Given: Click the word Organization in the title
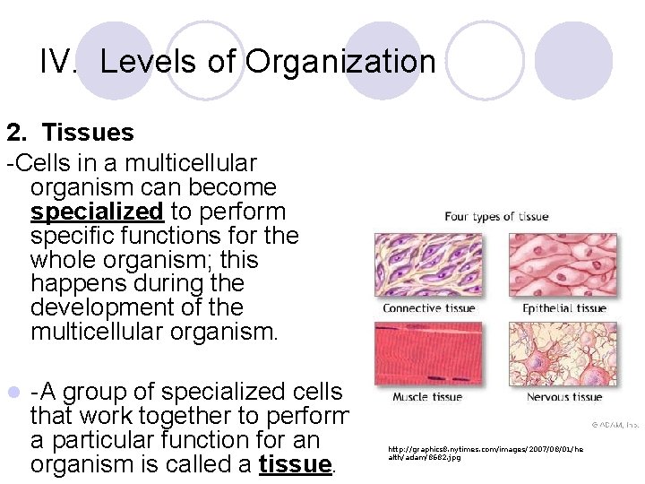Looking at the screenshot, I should coord(340,62).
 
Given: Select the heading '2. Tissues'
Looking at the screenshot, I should coord(70,133).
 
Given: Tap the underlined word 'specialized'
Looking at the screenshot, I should coord(97,212).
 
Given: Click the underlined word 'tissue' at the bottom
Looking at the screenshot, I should coord(294,464).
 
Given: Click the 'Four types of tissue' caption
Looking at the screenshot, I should coord(496,216).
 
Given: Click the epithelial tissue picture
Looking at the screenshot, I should coord(563,265).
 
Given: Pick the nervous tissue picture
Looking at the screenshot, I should coord(563,353).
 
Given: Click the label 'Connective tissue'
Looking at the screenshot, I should coord(427,308).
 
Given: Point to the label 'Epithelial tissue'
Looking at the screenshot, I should coord(564,308).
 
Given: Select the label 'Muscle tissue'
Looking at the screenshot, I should coord(427,397).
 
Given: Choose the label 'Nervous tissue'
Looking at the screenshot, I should coord(564,397).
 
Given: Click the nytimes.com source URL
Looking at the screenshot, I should coord(485,452).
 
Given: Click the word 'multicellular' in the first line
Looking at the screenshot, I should coord(191,164).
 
